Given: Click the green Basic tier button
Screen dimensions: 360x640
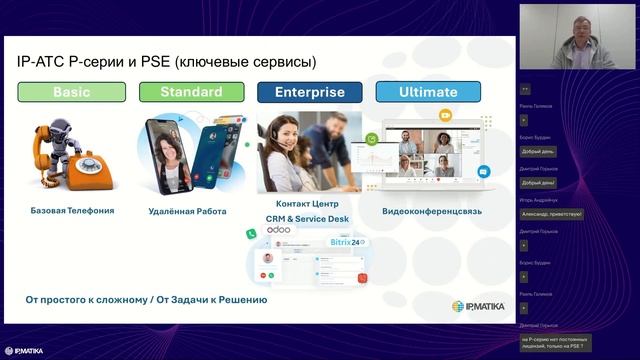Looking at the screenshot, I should tap(72, 92).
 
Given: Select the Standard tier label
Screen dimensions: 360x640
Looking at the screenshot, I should tap(191, 92).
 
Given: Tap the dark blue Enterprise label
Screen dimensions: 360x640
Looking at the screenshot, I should tap(309, 92).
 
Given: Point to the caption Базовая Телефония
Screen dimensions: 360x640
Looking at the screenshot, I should tap(72, 211).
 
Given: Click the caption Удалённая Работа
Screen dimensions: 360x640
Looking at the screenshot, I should tap(187, 211).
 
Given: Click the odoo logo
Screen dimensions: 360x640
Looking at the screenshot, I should tap(281, 231).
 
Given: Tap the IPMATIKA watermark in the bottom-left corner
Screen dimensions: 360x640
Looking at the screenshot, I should tap(24, 351).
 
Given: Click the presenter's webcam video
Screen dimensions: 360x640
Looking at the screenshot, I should tap(577, 41).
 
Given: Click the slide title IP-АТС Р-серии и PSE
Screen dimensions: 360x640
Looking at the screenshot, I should tap(166, 62).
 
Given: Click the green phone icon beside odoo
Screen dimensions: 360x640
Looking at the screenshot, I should tap(253, 233).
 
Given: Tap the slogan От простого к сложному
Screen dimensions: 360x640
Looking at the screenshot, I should tap(146, 299).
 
